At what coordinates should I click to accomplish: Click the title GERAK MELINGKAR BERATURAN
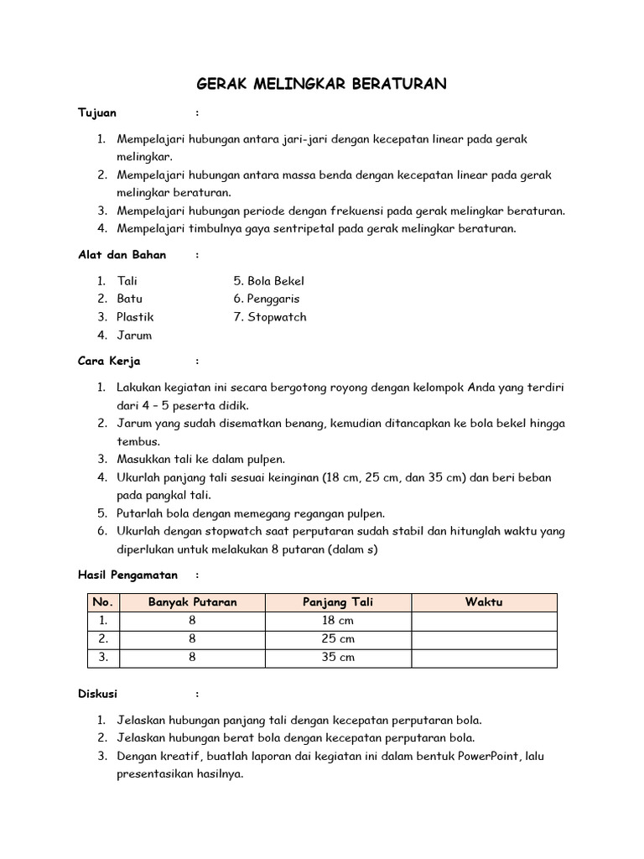[x=321, y=84]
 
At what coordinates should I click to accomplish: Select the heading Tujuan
[x=97, y=112]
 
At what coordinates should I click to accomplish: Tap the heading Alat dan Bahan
[x=122, y=254]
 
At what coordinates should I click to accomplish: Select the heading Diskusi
[x=98, y=694]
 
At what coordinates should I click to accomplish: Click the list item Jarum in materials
[x=134, y=336]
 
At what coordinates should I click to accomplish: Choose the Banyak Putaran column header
[x=193, y=602]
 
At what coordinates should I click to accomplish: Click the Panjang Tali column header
[x=338, y=602]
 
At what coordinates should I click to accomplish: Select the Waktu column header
[x=484, y=602]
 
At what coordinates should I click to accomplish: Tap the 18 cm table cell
[x=338, y=621]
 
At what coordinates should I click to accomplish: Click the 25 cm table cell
[x=338, y=639]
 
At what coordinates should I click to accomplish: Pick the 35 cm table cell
[x=338, y=658]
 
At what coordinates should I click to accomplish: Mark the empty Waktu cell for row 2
[x=484, y=639]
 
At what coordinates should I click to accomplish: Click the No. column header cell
[x=103, y=602]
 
